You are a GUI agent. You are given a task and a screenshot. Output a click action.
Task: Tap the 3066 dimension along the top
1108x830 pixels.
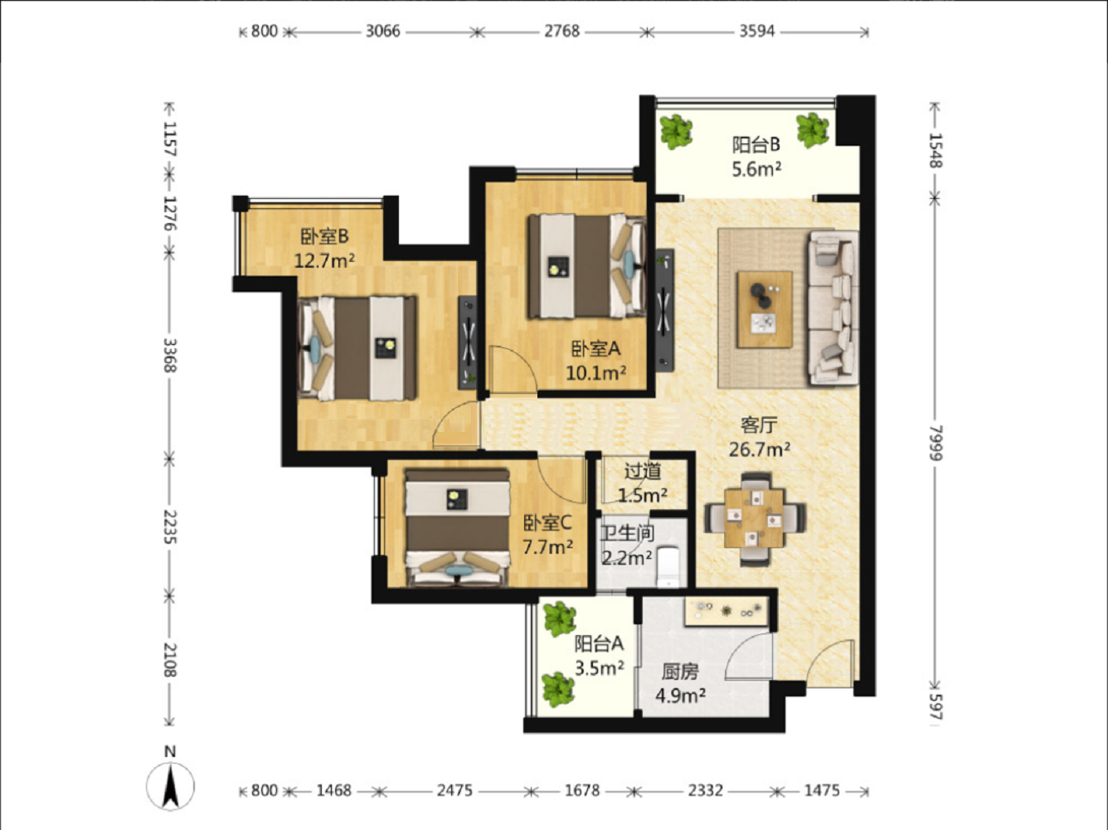(x=382, y=32)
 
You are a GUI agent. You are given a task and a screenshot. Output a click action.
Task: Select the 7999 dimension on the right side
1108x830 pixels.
(x=935, y=443)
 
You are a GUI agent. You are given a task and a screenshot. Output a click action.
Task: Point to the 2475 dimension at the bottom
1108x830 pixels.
(x=454, y=790)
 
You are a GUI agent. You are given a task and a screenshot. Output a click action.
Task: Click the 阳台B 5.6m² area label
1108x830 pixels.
(x=756, y=157)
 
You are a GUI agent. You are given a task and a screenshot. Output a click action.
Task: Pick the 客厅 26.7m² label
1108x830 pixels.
(x=759, y=438)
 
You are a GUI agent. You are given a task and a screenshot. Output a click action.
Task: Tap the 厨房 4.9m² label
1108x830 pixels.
(x=680, y=683)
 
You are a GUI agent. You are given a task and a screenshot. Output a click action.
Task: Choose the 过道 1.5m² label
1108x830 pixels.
(x=643, y=483)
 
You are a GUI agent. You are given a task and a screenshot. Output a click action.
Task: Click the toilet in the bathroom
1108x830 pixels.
(x=668, y=566)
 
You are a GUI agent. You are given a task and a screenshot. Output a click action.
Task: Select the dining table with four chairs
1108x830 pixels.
(x=755, y=518)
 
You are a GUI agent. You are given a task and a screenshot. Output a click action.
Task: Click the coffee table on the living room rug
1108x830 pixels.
(x=765, y=309)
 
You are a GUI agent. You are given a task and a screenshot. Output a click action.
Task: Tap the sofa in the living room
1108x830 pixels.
(x=833, y=308)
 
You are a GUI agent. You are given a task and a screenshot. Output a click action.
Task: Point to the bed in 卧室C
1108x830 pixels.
(x=457, y=528)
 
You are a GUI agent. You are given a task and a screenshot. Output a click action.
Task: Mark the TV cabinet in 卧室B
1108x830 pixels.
(x=468, y=342)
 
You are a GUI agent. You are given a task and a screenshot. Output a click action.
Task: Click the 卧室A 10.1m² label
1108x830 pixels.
(x=595, y=361)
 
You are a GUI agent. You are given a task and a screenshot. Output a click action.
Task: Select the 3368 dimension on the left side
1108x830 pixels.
(x=170, y=356)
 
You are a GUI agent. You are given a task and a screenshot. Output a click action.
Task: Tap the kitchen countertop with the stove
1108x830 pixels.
(x=726, y=612)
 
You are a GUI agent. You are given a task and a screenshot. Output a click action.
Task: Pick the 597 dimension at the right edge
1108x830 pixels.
(x=935, y=706)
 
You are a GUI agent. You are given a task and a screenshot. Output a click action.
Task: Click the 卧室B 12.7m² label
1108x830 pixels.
(x=324, y=248)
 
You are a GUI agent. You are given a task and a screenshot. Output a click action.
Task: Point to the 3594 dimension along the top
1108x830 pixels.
(x=756, y=32)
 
